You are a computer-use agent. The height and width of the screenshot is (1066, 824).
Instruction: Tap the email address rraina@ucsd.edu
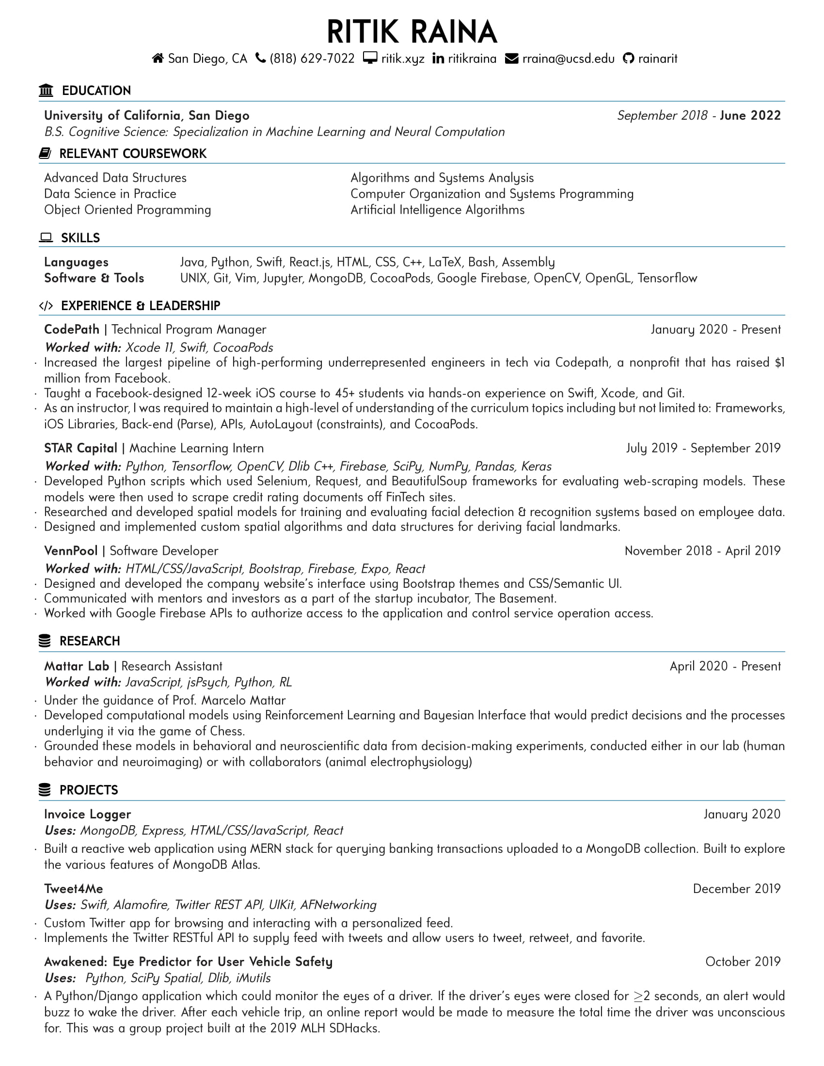coord(568,59)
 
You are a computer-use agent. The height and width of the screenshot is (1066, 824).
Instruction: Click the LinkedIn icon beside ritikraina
coord(438,59)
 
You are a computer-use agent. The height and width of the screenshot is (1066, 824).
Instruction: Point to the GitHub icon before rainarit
coord(628,59)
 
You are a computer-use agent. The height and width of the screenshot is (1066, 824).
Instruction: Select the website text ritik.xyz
coord(403,59)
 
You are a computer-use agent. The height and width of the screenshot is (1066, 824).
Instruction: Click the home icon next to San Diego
coord(158,59)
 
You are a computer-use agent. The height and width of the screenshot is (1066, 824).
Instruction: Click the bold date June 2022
coord(750,116)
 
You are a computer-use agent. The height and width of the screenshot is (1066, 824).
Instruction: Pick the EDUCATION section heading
coord(96,91)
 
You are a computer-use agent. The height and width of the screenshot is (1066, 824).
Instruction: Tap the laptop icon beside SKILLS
coord(46,238)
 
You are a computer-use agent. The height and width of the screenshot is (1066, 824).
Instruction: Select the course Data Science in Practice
coord(110,194)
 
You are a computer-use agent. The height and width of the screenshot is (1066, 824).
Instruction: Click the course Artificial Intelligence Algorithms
coord(437,210)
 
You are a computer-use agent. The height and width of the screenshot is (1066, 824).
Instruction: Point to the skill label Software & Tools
coord(94,278)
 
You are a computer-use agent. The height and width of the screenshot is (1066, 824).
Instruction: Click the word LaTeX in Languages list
coord(444,263)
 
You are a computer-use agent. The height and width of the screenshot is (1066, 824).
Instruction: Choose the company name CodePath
coord(72,329)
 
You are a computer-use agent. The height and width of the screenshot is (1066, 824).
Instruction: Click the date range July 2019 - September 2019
coord(703,448)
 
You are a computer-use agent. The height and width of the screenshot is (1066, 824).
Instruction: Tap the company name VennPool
coord(71,551)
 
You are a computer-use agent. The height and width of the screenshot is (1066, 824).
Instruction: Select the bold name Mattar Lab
coord(76,666)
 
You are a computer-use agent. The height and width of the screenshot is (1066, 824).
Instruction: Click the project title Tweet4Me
coord(73,889)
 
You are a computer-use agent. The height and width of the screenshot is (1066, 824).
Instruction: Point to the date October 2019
coord(743,961)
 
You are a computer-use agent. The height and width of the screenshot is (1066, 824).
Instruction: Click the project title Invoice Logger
coord(87,814)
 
